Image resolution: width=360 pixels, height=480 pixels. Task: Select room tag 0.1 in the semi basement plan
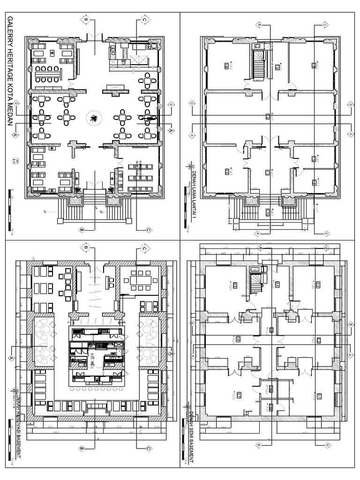point(319,396)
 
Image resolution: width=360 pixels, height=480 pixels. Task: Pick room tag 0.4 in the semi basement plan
point(277,285)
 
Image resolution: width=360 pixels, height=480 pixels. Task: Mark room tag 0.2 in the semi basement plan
point(319,340)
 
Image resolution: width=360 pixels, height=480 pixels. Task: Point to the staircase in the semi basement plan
point(256,283)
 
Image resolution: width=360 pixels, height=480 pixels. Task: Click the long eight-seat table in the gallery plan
point(48,72)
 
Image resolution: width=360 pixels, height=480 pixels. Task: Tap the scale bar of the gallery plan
point(10,210)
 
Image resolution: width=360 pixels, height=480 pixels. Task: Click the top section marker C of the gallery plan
point(144,20)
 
